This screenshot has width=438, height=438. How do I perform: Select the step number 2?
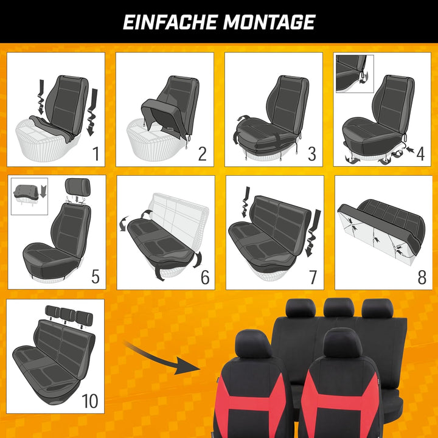[x=202, y=153]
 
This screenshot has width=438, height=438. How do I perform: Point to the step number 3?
[x=311, y=153]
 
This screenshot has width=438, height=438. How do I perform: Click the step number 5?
[x=95, y=277]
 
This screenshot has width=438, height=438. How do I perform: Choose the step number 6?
[x=204, y=277]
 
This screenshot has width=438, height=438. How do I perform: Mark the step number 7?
[x=313, y=277]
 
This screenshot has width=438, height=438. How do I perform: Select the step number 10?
[x=90, y=401]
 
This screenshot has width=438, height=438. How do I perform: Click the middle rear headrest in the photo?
[x=338, y=308]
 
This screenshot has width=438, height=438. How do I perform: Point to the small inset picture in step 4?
[x=354, y=73]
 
